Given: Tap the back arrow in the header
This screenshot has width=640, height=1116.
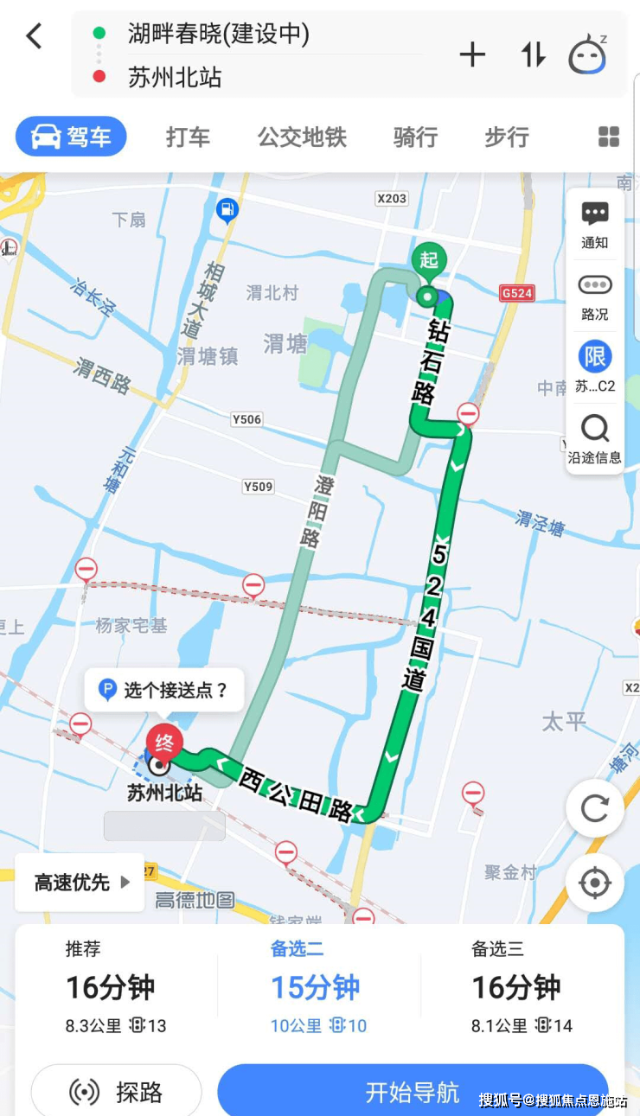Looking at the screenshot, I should pyautogui.click(x=34, y=36).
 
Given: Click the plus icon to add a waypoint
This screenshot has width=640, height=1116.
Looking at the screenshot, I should pyautogui.click(x=472, y=55).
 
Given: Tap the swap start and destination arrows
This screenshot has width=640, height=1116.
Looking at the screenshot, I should pyautogui.click(x=533, y=55).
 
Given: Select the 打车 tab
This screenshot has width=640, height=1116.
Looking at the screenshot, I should pyautogui.click(x=188, y=137).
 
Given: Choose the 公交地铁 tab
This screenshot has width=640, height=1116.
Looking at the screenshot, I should pyautogui.click(x=302, y=137).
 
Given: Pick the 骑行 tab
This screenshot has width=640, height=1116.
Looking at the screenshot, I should pyautogui.click(x=415, y=137).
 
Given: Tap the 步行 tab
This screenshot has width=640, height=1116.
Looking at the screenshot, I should pyautogui.click(x=507, y=137).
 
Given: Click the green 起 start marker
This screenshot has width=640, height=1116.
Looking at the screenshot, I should pyautogui.click(x=429, y=259).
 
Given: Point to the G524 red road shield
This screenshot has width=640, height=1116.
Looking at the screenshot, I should pyautogui.click(x=517, y=293).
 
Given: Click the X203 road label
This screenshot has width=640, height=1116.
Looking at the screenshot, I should pyautogui.click(x=391, y=199).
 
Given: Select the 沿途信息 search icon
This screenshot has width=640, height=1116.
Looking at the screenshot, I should pyautogui.click(x=595, y=429).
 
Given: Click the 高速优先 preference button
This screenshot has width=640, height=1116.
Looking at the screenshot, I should pyautogui.click(x=80, y=883).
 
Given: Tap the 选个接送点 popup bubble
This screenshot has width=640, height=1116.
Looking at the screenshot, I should pyautogui.click(x=164, y=690).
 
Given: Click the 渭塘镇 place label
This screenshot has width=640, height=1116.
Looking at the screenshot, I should pyautogui.click(x=208, y=357).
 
